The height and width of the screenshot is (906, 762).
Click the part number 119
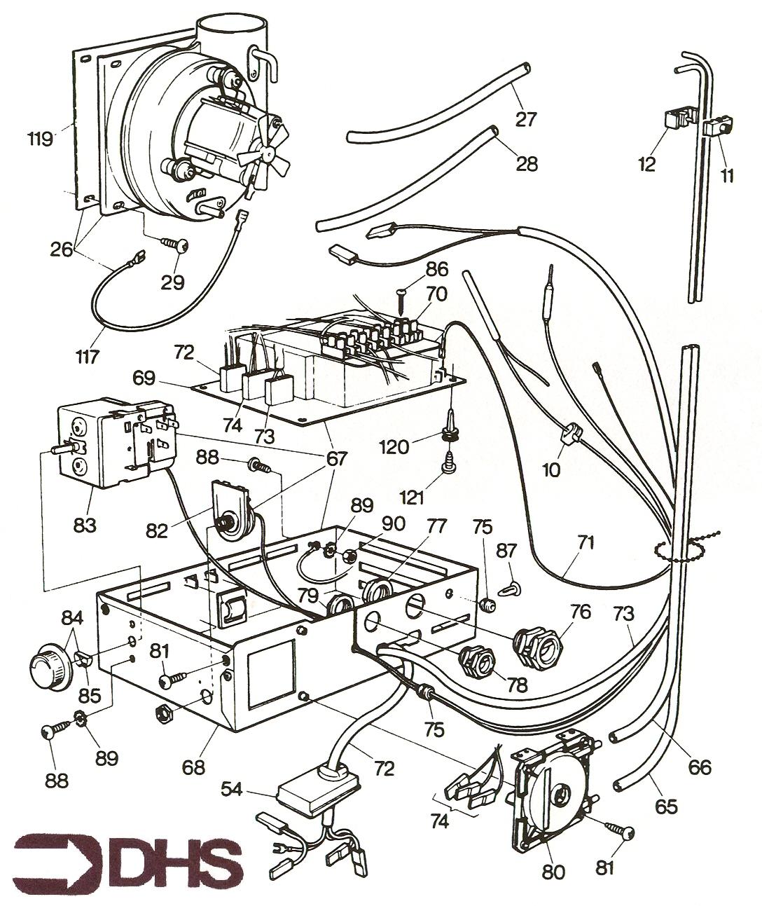(x=41, y=138)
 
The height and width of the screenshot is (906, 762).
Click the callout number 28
(x=527, y=163)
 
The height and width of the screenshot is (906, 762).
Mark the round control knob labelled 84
(x=49, y=661)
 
